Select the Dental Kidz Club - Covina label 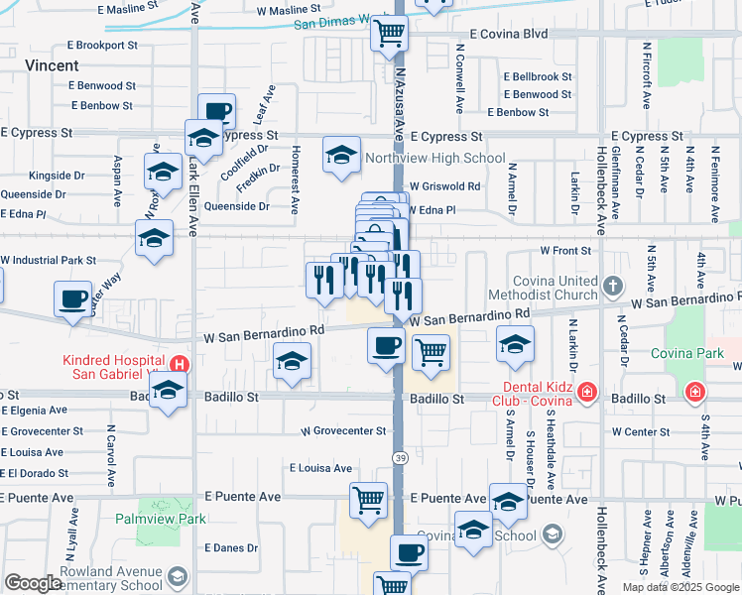[532, 393]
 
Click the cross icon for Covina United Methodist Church [613, 287]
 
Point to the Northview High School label [434, 159]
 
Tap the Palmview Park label [159, 519]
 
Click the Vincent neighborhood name [53, 65]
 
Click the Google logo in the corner [33, 583]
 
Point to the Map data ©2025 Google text [680, 587]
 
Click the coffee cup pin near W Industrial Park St [73, 299]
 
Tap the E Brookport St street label [102, 46]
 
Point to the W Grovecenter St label [342, 431]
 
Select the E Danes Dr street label [231, 547]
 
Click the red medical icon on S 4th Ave [695, 393]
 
